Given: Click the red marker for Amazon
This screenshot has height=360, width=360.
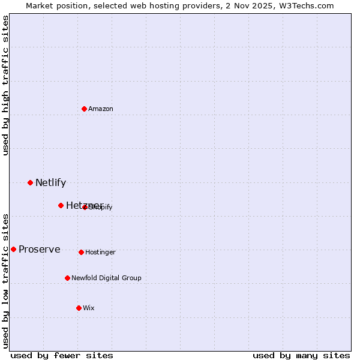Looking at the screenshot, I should (84, 109).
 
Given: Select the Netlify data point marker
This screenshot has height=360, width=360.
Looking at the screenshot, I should (30, 182).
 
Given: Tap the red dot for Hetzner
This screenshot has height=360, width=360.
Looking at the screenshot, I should (61, 205).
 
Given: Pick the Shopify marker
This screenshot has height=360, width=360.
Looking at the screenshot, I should (85, 207).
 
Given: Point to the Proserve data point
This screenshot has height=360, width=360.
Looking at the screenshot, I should (13, 249).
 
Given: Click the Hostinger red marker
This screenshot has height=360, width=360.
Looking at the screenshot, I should (81, 252).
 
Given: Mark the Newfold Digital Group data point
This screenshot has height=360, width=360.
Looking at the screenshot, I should (67, 278).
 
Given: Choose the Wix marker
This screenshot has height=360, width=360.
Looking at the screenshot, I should (79, 308).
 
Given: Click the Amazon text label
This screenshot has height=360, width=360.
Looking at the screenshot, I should (101, 109).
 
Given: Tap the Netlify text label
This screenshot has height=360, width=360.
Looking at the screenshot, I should (50, 183).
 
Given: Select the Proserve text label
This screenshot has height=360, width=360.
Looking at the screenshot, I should (39, 250).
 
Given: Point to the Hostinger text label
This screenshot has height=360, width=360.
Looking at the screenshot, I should (100, 253).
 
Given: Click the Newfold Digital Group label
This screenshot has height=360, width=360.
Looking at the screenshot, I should (106, 278).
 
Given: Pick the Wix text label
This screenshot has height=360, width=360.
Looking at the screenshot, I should (89, 308).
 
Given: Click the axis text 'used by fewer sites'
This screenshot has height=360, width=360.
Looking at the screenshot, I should (62, 355).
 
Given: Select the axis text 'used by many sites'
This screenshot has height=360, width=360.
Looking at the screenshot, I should (301, 355).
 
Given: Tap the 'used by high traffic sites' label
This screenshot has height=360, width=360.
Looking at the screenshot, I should (5, 85).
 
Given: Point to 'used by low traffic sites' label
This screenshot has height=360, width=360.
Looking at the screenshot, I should (5, 281).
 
